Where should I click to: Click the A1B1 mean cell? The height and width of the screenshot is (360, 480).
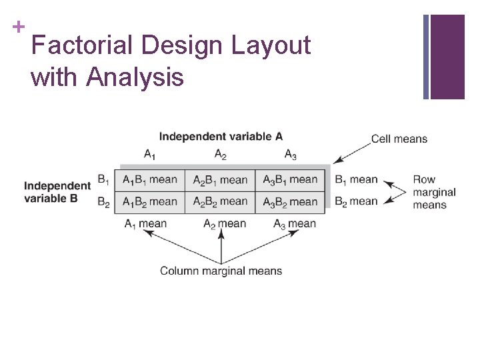click(150, 180)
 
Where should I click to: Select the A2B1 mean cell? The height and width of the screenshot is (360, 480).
click(220, 180)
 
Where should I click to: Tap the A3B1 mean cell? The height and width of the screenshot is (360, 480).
click(290, 180)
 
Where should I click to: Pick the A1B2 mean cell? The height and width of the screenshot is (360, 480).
click(150, 201)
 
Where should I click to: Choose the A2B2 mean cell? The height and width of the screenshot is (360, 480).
click(220, 201)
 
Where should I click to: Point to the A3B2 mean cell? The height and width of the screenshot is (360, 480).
click(290, 201)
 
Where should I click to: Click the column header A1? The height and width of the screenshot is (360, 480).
click(150, 155)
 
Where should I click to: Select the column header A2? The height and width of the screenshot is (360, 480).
click(221, 155)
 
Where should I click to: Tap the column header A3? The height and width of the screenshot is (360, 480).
click(291, 155)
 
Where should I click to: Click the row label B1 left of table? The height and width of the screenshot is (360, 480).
click(104, 179)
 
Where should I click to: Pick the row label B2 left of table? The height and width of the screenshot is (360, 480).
click(104, 201)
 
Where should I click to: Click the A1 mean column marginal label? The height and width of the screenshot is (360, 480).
click(145, 224)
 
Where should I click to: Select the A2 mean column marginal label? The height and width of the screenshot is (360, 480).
click(224, 224)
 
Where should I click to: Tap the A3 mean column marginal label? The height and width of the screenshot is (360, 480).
click(294, 224)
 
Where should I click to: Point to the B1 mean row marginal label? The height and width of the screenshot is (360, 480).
click(356, 179)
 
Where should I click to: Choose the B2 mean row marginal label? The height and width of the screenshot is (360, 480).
click(356, 201)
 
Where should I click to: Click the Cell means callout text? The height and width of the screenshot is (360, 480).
click(399, 139)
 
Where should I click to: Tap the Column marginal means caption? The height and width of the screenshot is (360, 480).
click(221, 271)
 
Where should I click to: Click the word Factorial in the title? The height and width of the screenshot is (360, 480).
click(82, 46)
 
